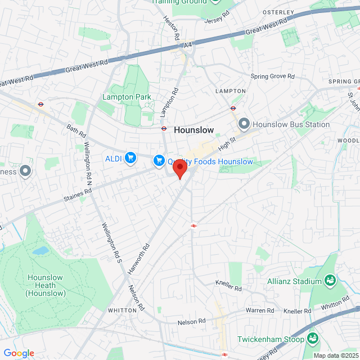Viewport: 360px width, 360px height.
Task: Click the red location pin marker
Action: (x=179, y=168)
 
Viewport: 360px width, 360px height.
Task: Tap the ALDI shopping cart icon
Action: (x=130, y=158)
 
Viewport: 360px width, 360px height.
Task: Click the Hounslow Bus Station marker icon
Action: (x=244, y=124)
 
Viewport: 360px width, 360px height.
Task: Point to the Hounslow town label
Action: (x=194, y=130)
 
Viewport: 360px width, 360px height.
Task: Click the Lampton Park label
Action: (x=127, y=97)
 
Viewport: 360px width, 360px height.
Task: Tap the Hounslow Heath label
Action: (x=46, y=285)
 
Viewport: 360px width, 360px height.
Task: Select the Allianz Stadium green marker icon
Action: (x=331, y=280)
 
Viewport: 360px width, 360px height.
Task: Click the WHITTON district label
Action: (x=123, y=310)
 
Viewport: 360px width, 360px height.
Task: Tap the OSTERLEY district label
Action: (x=278, y=12)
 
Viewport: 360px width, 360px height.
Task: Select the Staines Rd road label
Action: (x=77, y=194)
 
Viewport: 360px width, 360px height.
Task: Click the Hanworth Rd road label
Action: (x=138, y=259)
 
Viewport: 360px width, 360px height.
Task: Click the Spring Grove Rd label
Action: (x=272, y=76)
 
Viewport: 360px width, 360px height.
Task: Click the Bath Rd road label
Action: (x=75, y=132)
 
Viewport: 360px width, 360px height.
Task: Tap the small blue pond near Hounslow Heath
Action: (x=40, y=251)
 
